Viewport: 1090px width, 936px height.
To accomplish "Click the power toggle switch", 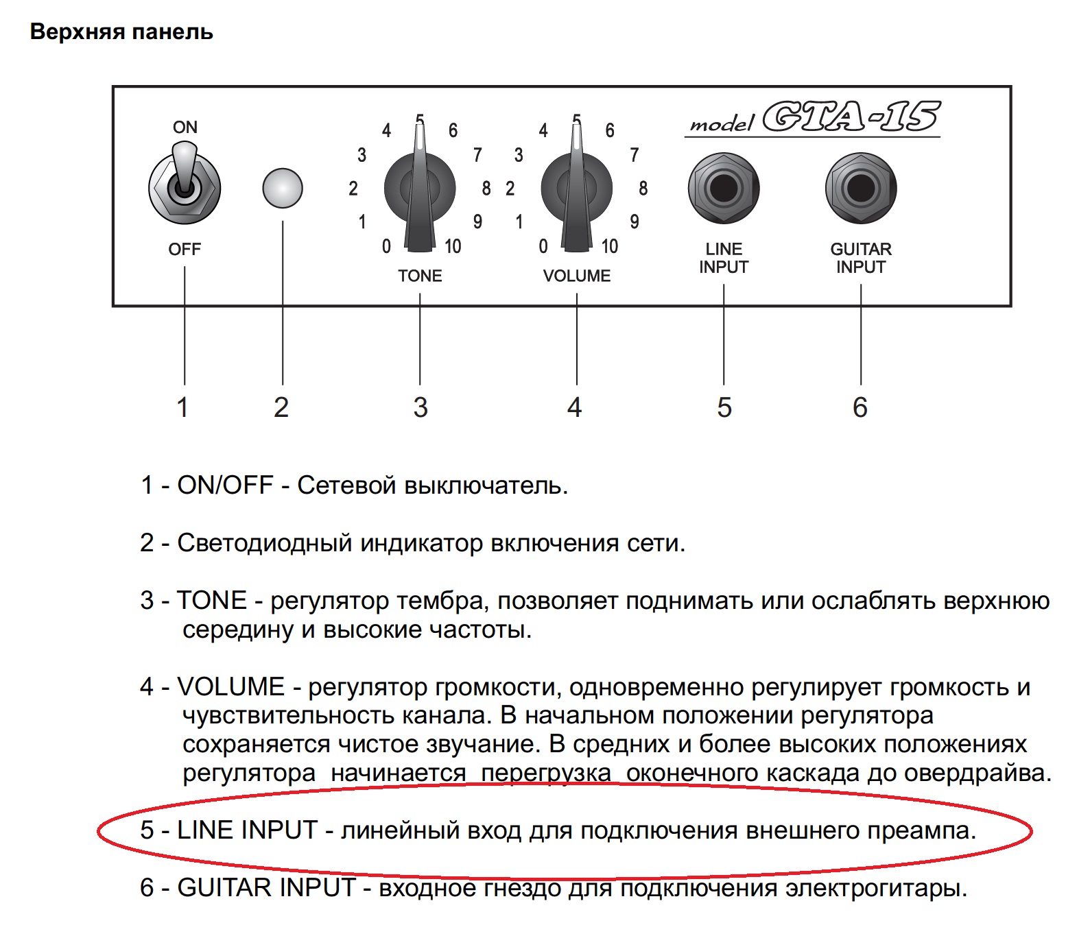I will (184, 186).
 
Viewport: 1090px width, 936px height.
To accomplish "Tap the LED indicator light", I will (283, 188).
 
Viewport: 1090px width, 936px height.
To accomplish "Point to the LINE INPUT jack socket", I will (724, 188).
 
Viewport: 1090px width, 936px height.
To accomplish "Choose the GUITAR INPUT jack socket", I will (861, 188).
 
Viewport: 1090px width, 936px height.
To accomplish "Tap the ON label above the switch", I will (185, 128).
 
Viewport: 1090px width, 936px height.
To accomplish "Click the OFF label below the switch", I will (185, 250).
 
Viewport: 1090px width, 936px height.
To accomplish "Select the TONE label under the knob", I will (420, 276).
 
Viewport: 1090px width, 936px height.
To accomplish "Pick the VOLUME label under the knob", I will (576, 276).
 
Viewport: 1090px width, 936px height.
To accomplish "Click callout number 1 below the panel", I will (182, 407).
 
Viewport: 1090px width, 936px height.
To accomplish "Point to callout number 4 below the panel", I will (575, 407).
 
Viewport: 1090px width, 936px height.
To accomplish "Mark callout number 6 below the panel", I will (860, 407).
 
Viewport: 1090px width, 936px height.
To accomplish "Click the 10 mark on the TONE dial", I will (453, 246).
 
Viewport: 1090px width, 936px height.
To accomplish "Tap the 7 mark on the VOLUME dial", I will (635, 155).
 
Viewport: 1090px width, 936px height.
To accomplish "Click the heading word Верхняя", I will (78, 32).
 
